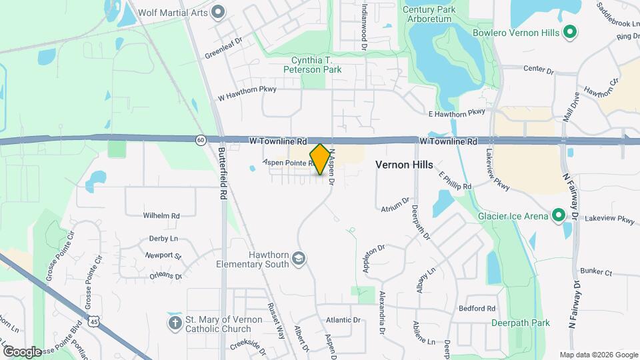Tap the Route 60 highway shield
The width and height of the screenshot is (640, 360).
click(201, 140)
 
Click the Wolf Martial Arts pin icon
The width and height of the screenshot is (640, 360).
click(218, 11)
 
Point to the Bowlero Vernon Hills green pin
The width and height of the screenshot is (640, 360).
click(569, 31)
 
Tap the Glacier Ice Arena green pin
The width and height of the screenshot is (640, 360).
click(558, 216)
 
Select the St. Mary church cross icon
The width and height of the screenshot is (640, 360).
click(175, 323)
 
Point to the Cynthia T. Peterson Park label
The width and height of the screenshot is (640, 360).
click(312, 64)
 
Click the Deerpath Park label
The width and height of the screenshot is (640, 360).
click(520, 323)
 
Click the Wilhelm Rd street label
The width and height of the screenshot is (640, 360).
click(161, 215)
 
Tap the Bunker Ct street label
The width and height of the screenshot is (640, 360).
click(595, 272)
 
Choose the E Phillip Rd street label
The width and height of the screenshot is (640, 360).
click(455, 180)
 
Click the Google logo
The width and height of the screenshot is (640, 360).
click(22, 351)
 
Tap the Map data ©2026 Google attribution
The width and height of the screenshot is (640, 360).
click(598, 355)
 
